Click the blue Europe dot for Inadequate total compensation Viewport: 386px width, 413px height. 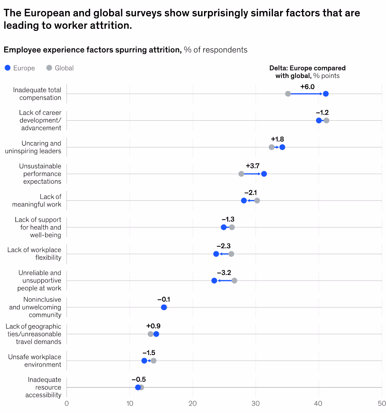(x=326, y=94)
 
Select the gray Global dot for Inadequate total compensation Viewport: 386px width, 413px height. (x=288, y=94)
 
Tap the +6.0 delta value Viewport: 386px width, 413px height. (x=307, y=87)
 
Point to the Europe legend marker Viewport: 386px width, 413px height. (x=8, y=68)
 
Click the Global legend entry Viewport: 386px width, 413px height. (x=60, y=68)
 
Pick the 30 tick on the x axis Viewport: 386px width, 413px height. (x=256, y=403)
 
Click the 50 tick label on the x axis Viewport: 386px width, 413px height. (x=381, y=403)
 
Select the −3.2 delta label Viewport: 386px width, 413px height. (x=224, y=273)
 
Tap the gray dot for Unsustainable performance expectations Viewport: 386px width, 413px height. (x=241, y=174)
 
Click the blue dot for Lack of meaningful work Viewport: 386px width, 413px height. (x=244, y=200)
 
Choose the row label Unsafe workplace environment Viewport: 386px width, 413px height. (x=34, y=361)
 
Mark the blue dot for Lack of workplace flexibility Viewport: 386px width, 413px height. (x=216, y=254)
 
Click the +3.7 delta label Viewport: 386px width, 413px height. (x=252, y=166)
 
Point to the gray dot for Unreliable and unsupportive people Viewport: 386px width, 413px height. (x=234, y=281)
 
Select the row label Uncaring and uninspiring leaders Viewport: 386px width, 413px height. (x=33, y=147)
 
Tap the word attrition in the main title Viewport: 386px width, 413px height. (x=111, y=26)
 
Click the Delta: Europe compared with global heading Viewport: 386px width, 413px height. (x=307, y=72)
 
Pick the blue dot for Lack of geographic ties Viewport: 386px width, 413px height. (x=156, y=334)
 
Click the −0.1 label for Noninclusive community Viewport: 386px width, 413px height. (x=163, y=299)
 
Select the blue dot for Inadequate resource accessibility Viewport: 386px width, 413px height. (x=138, y=387)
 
